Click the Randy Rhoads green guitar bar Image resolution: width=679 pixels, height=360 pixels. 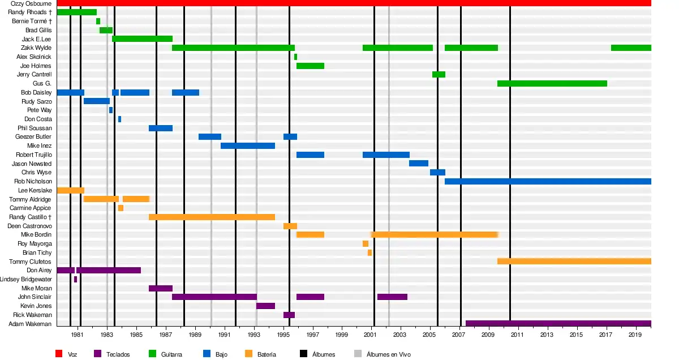76,12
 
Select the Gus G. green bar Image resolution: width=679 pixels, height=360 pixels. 552,84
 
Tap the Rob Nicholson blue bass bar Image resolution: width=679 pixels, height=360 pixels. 548,182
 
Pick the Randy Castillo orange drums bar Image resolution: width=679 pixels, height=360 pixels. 212,217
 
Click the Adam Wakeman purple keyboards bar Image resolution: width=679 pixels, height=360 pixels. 558,324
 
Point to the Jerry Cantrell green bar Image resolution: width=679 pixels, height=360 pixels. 439,75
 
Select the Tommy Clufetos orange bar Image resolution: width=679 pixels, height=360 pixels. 574,262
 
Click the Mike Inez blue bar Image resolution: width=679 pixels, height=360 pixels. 248,146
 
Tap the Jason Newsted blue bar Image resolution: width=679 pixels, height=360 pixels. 419,164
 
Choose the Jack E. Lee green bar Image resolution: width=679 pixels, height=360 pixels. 142,39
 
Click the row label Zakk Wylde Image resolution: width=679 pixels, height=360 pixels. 36,48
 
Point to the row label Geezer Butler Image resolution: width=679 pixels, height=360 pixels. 33,137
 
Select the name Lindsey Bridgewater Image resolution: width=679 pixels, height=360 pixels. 26,280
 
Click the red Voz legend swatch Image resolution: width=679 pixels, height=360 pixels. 58,354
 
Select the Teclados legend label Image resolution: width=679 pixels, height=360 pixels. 118,354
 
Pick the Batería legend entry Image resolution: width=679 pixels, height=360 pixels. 266,354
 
